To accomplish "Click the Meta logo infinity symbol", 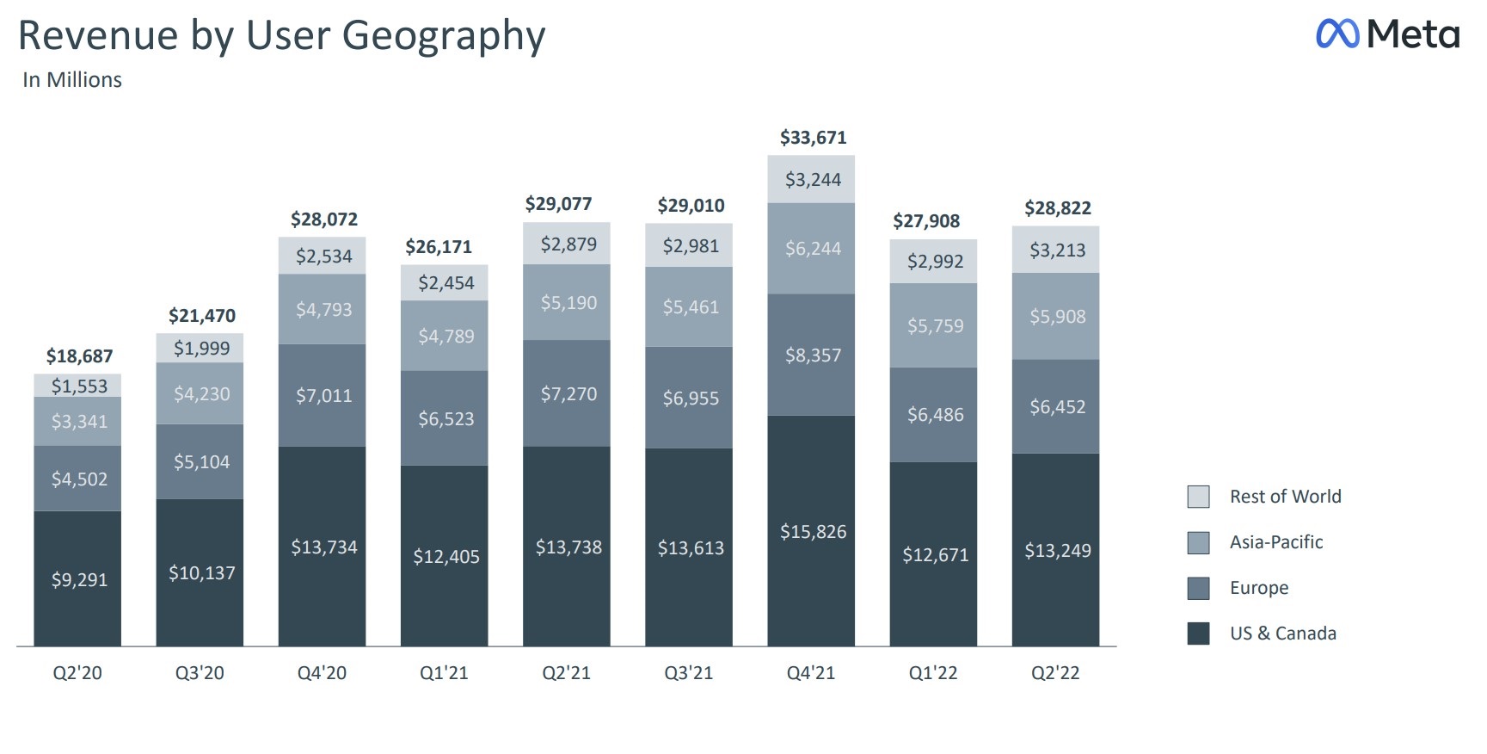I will [x=1337, y=34].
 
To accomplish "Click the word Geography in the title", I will [x=444, y=36].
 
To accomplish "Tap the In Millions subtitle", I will [x=72, y=80].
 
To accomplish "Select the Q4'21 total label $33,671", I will [x=813, y=138].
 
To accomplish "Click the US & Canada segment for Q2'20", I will [x=78, y=578].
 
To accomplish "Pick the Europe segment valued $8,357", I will [x=812, y=355].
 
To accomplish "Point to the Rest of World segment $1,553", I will [x=78, y=386].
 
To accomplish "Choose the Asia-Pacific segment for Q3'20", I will [x=201, y=393].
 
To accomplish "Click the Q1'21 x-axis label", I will [x=444, y=673].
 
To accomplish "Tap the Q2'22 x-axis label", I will [x=1055, y=673].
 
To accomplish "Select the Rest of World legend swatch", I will [x=1198, y=497].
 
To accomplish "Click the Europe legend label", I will [x=1259, y=588].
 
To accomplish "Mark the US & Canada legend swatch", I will [x=1198, y=633].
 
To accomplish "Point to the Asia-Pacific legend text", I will [x=1276, y=542].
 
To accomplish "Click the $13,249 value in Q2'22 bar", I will [x=1057, y=550].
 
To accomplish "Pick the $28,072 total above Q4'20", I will [x=323, y=219].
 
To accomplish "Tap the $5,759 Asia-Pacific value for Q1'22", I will [x=935, y=326].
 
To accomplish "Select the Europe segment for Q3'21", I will [x=690, y=398].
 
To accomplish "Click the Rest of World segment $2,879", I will [x=568, y=244].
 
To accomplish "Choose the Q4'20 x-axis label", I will [x=322, y=673].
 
